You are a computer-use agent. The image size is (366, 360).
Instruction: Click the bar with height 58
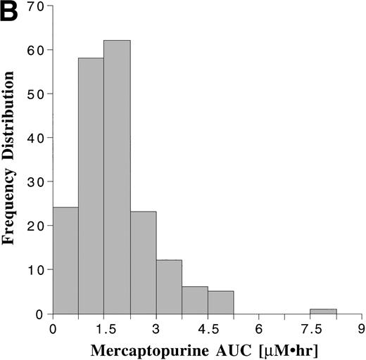point(91,186)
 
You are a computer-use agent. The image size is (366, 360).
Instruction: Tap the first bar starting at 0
point(65,261)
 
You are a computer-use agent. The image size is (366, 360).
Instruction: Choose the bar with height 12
point(169,287)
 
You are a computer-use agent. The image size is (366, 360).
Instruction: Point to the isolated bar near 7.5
point(323,311)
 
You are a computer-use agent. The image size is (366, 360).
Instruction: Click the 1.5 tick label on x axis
point(104,328)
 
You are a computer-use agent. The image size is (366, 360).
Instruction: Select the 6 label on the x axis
point(259,328)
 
